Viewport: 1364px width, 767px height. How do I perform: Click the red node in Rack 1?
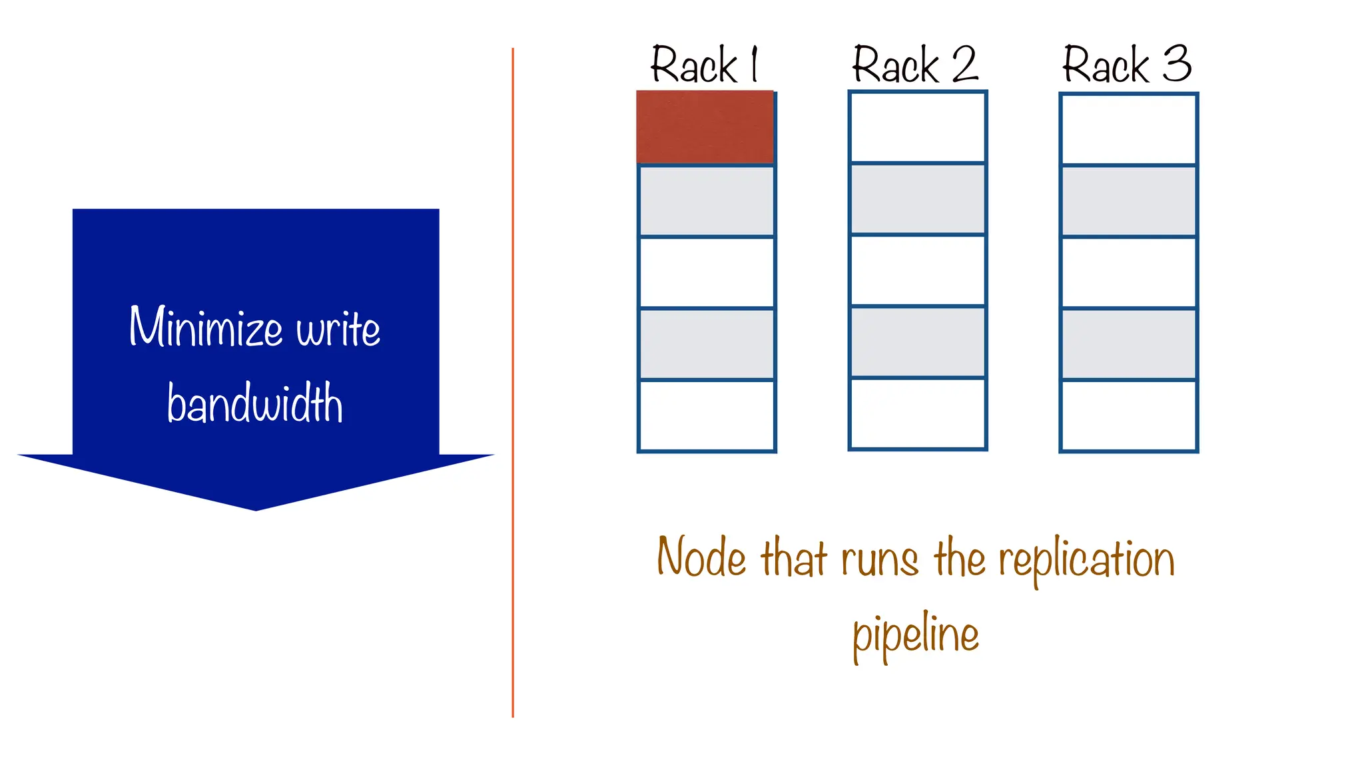coord(705,127)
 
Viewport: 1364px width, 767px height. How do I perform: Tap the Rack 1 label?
coord(704,65)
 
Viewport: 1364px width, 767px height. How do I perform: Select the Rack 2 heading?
coord(915,65)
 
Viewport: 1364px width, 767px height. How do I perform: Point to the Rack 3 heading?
coord(1126,65)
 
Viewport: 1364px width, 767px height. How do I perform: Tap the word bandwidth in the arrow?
coord(255,403)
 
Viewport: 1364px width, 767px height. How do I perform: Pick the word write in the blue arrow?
coord(338,328)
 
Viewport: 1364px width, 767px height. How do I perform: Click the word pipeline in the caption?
coord(916,634)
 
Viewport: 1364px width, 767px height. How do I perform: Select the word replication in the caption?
coord(1086,559)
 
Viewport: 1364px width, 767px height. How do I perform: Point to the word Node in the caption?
coord(701,557)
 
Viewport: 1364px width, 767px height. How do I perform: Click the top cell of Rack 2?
coord(917,127)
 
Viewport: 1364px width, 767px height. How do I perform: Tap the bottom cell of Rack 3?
coord(1128,415)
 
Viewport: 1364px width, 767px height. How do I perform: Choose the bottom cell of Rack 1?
coord(707,415)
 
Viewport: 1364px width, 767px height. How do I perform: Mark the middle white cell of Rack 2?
coord(917,270)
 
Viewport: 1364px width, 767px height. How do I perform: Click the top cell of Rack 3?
coord(1128,129)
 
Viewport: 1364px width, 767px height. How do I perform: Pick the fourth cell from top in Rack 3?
coord(1128,344)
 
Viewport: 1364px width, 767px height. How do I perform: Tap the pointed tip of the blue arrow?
coord(256,509)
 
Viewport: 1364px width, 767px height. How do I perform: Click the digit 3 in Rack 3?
coord(1177,64)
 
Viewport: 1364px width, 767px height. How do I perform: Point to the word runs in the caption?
coord(879,559)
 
